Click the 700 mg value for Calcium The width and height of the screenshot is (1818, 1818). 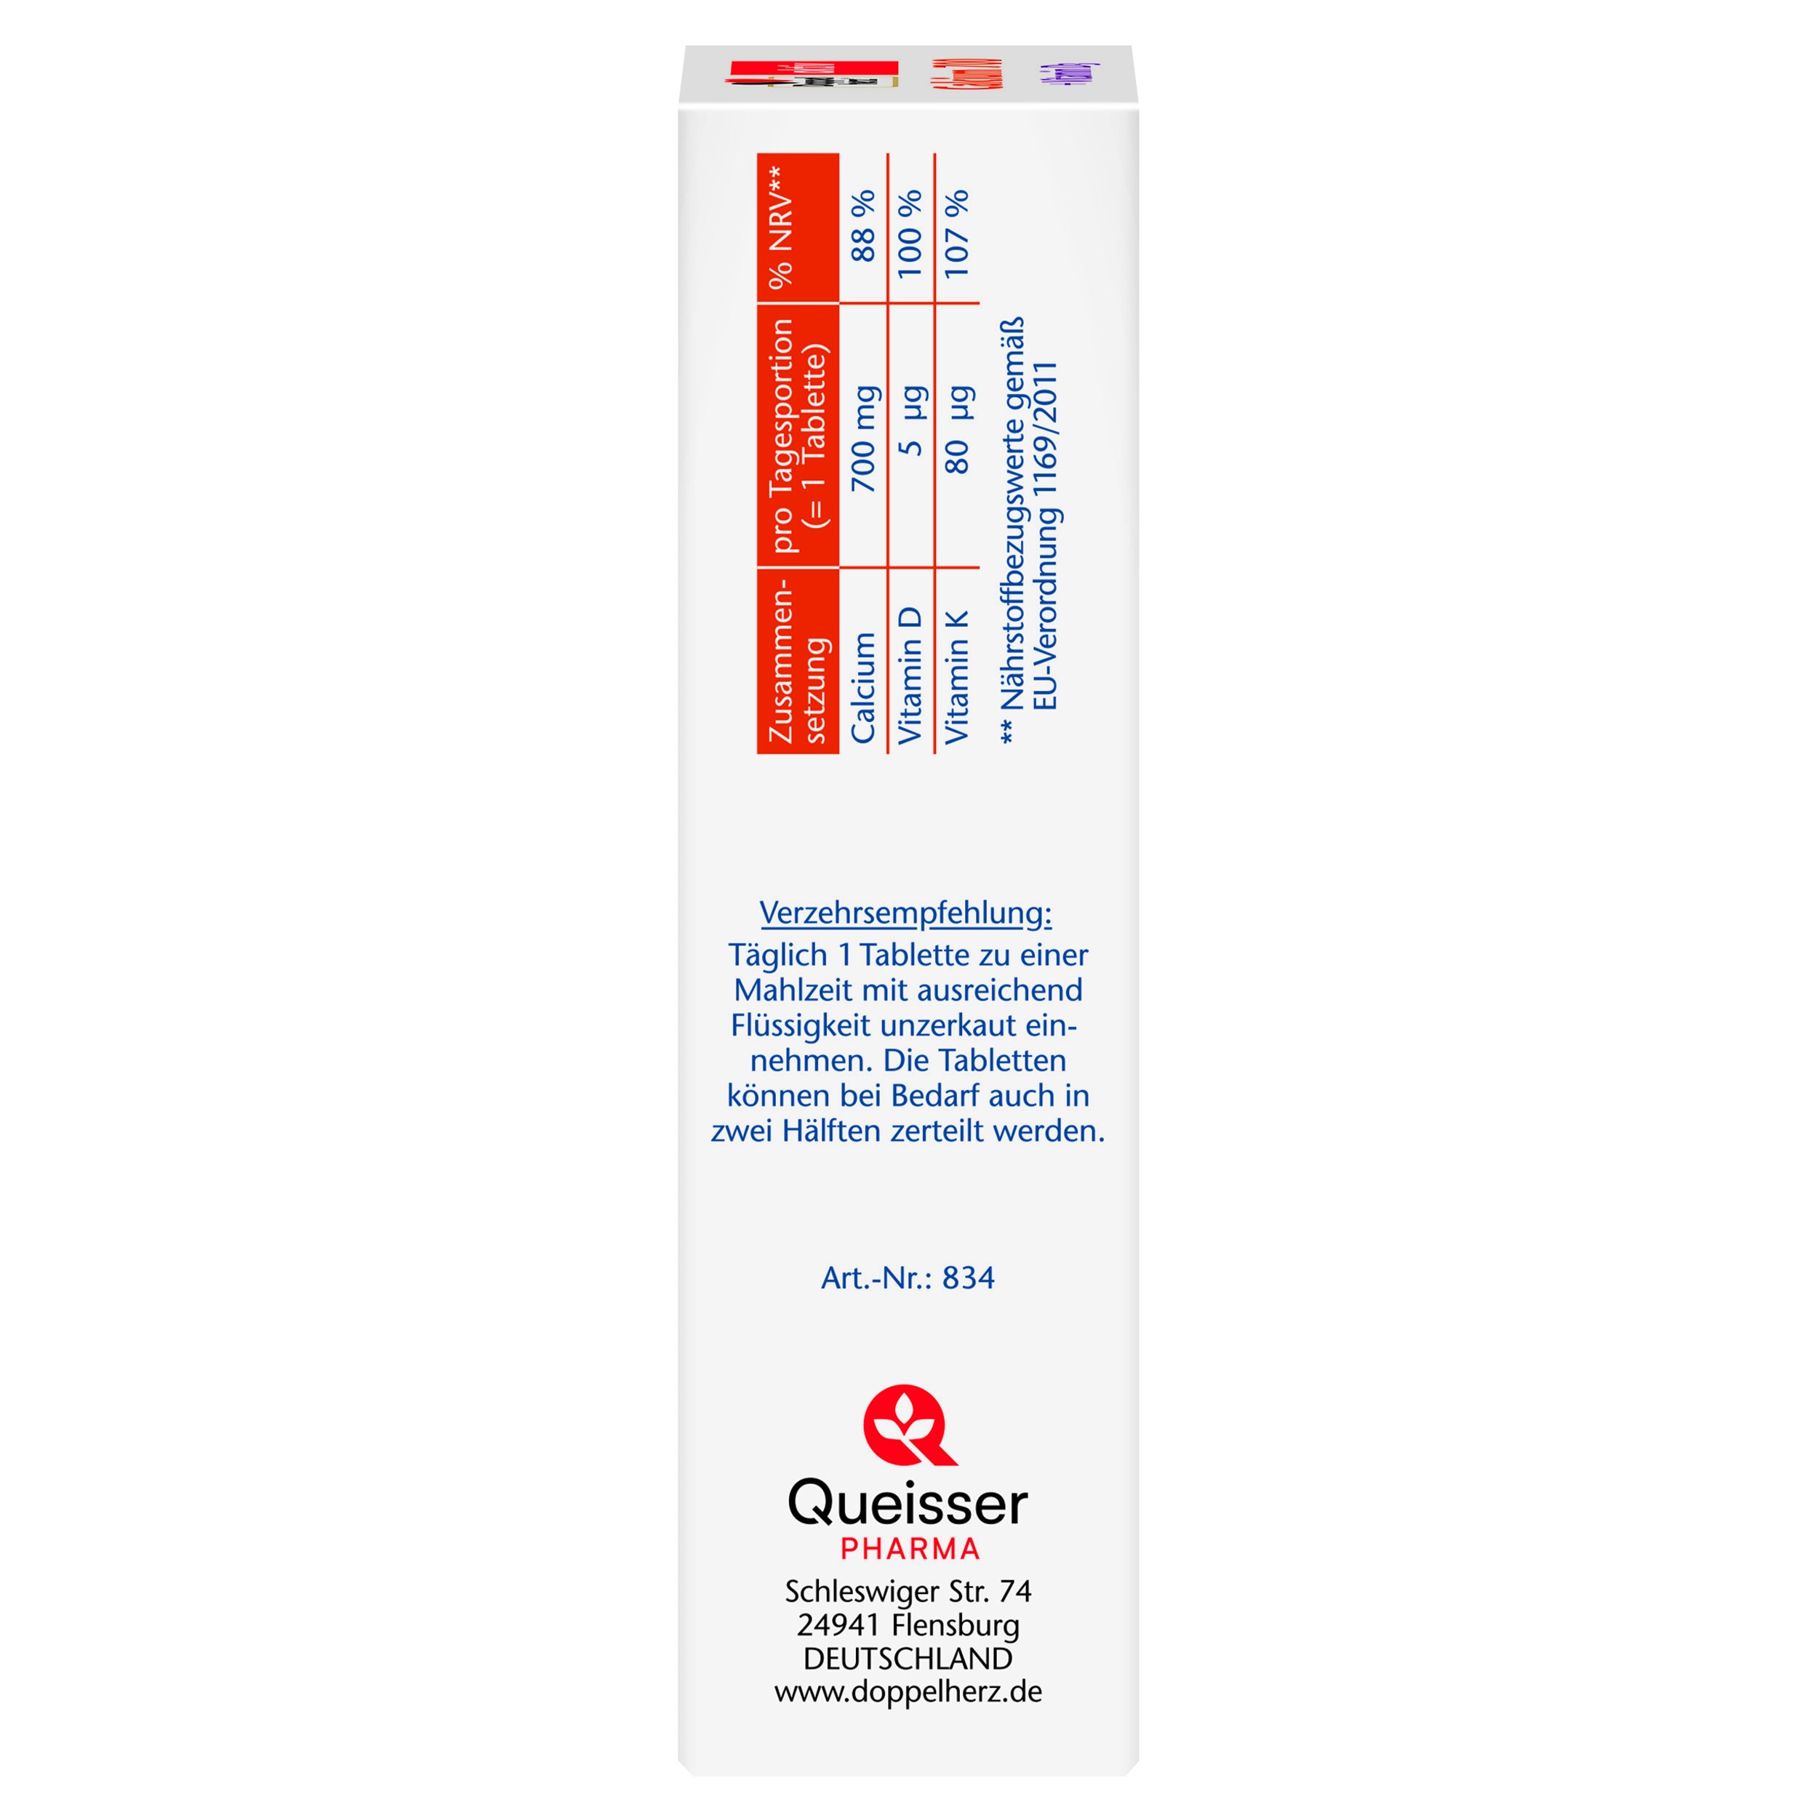(x=863, y=439)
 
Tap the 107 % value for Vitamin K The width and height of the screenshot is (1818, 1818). (x=956, y=233)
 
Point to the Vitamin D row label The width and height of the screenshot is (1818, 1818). (x=909, y=676)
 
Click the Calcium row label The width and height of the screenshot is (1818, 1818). (x=863, y=688)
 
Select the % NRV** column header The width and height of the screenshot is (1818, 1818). (x=781, y=228)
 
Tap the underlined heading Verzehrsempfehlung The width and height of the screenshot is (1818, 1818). (x=905, y=913)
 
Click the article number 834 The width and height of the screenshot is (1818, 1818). (x=969, y=1278)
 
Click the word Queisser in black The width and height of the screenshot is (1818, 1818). (x=907, y=1505)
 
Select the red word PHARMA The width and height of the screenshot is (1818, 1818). (x=909, y=1549)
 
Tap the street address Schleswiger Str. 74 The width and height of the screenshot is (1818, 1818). (x=908, y=1591)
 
